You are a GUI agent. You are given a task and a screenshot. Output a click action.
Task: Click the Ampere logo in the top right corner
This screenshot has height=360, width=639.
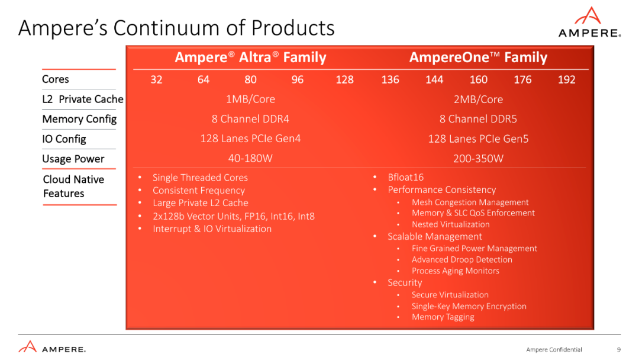[589, 23]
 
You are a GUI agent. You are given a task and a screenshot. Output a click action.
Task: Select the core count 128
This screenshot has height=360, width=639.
[344, 79]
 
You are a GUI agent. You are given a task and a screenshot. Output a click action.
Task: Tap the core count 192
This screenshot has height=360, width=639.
[566, 79]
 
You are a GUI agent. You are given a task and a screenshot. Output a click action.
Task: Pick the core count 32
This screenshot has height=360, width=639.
[156, 79]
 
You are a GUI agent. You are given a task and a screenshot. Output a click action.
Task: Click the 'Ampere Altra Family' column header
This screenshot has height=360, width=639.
[250, 57]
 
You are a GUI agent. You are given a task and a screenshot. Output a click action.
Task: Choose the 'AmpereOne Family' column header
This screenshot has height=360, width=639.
[478, 57]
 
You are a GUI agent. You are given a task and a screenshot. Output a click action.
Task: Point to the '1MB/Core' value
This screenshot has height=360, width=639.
[250, 99]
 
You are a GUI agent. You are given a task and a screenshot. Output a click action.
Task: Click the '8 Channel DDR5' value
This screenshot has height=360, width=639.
[478, 119]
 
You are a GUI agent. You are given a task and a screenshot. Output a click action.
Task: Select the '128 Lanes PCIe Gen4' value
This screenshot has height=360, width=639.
[250, 139]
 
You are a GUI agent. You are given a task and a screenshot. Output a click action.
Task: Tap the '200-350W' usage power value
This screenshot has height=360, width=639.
[478, 159]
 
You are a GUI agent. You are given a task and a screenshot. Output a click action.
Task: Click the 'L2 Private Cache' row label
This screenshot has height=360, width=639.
[83, 99]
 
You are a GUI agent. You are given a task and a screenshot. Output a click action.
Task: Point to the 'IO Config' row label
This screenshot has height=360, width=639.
[64, 139]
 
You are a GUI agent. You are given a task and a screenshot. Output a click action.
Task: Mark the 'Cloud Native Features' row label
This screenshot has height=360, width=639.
[73, 187]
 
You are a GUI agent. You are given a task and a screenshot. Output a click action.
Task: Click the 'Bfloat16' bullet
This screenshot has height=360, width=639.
[405, 177]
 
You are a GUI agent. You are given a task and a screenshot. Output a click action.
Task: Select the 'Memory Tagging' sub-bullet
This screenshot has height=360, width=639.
[443, 317]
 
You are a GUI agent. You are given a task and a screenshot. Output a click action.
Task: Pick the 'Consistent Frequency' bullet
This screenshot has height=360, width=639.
[198, 190]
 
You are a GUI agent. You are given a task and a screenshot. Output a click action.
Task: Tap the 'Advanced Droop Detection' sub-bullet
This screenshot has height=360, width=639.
[461, 259]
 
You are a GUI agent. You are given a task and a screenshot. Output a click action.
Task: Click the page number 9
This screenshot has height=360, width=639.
[618, 349]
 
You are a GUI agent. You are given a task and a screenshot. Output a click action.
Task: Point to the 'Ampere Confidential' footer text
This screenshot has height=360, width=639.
[554, 349]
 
